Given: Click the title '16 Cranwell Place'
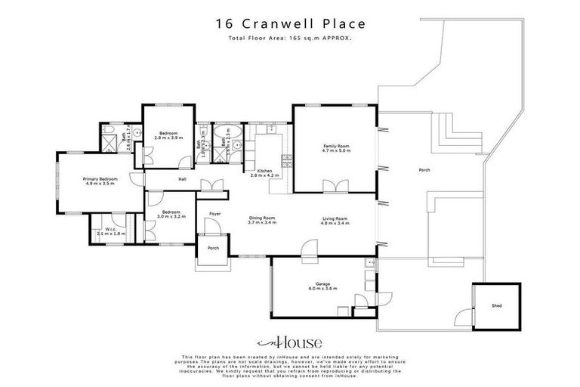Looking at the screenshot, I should (x=289, y=23).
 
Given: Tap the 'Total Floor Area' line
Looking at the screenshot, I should (x=289, y=37).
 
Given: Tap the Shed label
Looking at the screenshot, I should (x=495, y=306).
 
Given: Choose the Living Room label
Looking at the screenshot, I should (x=335, y=218).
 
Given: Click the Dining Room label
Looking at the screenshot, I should (x=262, y=218).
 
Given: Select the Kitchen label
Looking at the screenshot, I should (x=264, y=171).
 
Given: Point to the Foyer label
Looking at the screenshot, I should (x=214, y=213).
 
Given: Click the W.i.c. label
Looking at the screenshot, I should (x=110, y=230).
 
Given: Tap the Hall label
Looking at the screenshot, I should (x=182, y=179).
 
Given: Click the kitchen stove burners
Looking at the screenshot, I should (x=286, y=159).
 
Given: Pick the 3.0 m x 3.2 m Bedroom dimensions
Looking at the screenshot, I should (x=170, y=216).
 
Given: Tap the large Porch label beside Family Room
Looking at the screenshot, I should (x=424, y=170).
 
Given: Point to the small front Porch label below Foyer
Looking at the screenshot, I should (x=213, y=247).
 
